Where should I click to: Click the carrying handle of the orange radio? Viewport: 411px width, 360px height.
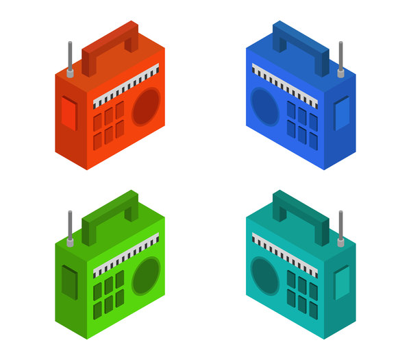pos(110,43)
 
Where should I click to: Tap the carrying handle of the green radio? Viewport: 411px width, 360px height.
pos(110,212)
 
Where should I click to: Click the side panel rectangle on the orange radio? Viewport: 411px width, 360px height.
pos(69,113)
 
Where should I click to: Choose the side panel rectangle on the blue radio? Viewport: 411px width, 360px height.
pos(341,113)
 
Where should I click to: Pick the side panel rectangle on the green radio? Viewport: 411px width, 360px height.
pos(69,283)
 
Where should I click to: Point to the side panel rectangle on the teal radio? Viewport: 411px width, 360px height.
pos(341,283)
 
